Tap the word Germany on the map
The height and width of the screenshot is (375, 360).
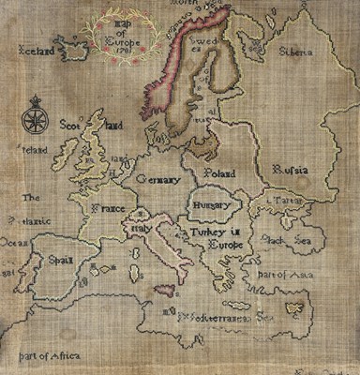click(162, 178)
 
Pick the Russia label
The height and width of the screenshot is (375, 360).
click(290, 170)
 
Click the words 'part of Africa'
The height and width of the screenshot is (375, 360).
click(48, 354)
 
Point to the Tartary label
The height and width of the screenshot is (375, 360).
click(284, 201)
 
